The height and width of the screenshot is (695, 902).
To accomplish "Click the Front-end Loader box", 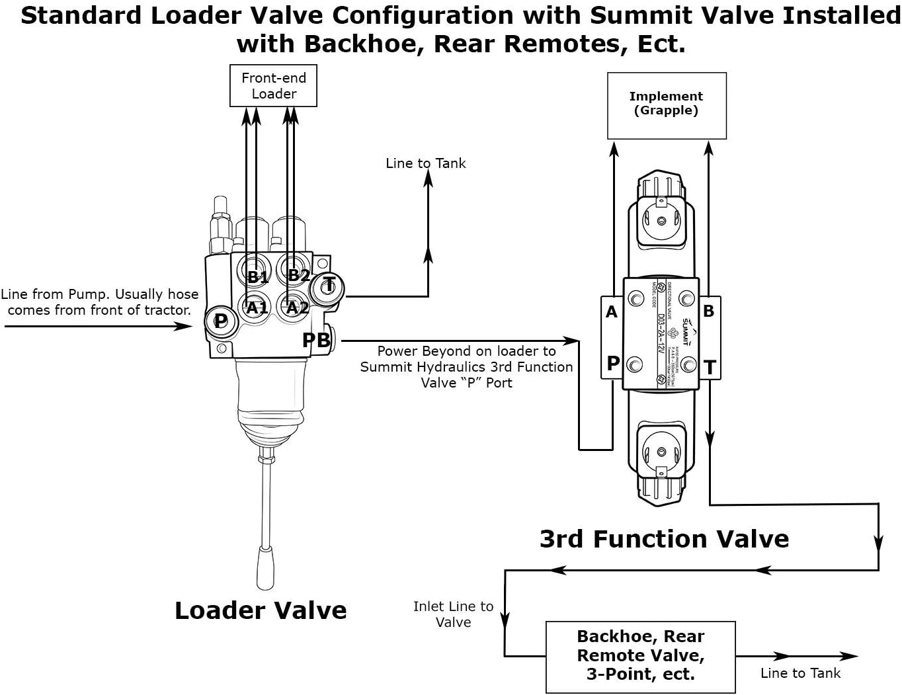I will [273, 85].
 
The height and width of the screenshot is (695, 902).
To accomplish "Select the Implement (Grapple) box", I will [667, 105].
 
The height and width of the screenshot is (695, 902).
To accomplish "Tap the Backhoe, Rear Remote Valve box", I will [640, 656].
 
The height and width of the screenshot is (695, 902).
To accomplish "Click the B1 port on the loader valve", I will [257, 276].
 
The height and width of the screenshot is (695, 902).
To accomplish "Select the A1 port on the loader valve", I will [257, 307].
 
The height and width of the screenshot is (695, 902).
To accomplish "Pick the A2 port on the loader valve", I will [296, 307].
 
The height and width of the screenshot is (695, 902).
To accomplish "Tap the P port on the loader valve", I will [220, 321].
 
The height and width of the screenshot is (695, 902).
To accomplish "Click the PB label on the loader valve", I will [316, 340].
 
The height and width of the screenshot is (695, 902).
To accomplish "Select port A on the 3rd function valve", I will [612, 312].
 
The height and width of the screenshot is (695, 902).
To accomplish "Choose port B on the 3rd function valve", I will [709, 311].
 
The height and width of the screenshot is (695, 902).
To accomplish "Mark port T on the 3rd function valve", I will [710, 367].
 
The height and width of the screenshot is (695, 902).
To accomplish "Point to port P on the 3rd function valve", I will [613, 363].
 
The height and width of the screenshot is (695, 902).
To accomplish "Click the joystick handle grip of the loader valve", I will [266, 569].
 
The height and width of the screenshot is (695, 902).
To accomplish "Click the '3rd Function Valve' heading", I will [664, 539].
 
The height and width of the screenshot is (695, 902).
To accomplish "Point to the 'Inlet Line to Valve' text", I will [453, 614].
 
